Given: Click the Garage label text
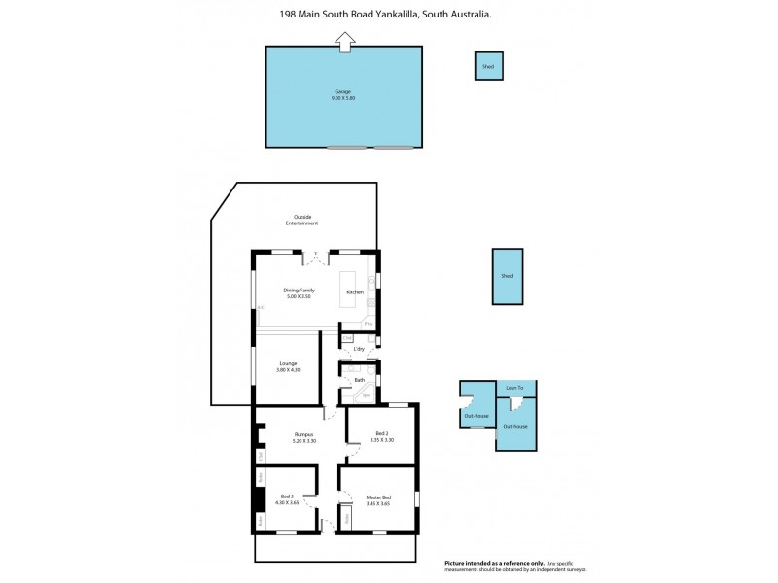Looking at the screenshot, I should (x=342, y=92).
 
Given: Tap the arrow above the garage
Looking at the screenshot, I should (x=343, y=41).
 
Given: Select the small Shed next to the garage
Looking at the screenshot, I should (x=488, y=66).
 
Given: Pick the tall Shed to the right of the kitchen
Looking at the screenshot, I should (x=507, y=276).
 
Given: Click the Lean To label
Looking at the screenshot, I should (x=514, y=387).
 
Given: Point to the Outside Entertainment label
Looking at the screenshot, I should (x=302, y=220).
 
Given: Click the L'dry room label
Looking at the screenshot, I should (x=359, y=348).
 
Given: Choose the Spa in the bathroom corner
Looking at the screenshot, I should (x=367, y=395).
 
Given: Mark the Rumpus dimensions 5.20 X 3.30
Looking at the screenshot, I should (x=304, y=441).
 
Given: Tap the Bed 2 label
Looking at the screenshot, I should (x=382, y=433).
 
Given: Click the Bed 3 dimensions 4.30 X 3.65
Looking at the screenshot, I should (x=287, y=502).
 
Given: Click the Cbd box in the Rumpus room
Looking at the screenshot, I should (x=261, y=455).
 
